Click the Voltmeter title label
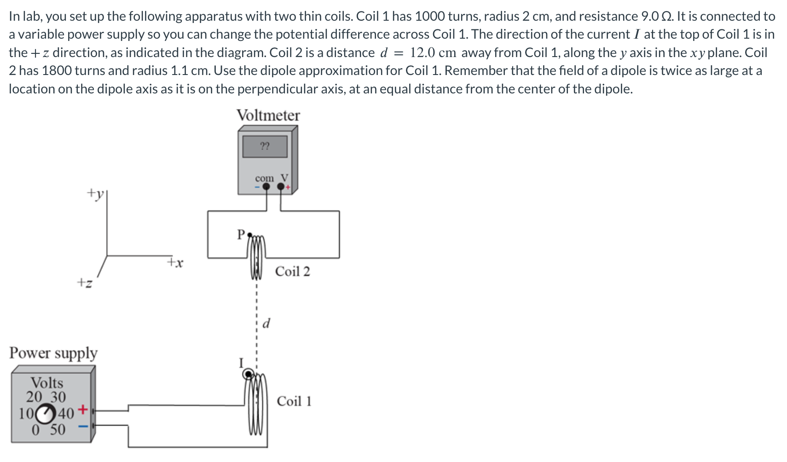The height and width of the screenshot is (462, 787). pyautogui.click(x=268, y=115)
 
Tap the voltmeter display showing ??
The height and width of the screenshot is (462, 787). pyautogui.click(x=265, y=146)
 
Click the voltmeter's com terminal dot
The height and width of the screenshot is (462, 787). pyautogui.click(x=266, y=186)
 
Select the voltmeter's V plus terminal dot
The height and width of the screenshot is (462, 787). pyautogui.click(x=281, y=186)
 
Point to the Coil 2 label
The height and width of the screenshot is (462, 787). pyautogui.click(x=292, y=271)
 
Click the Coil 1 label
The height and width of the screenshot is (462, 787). pyautogui.click(x=294, y=401)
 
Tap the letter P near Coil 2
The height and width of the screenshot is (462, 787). pyautogui.click(x=241, y=235)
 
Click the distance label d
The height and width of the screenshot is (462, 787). pyautogui.click(x=266, y=323)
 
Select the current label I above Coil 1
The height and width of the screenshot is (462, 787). pyautogui.click(x=240, y=364)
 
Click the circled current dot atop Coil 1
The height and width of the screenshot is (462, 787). pyautogui.click(x=249, y=374)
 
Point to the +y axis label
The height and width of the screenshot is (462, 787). pyautogui.click(x=95, y=193)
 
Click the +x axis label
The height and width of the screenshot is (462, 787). pyautogui.click(x=175, y=263)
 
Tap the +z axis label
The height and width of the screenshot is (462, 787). pyautogui.click(x=84, y=282)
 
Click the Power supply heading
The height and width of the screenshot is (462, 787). pyautogui.click(x=53, y=353)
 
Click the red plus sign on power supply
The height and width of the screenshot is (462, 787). pyautogui.click(x=82, y=409)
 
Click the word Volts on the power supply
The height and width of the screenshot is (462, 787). pyautogui.click(x=46, y=383)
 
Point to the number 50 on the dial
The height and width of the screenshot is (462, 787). pyautogui.click(x=58, y=430)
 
